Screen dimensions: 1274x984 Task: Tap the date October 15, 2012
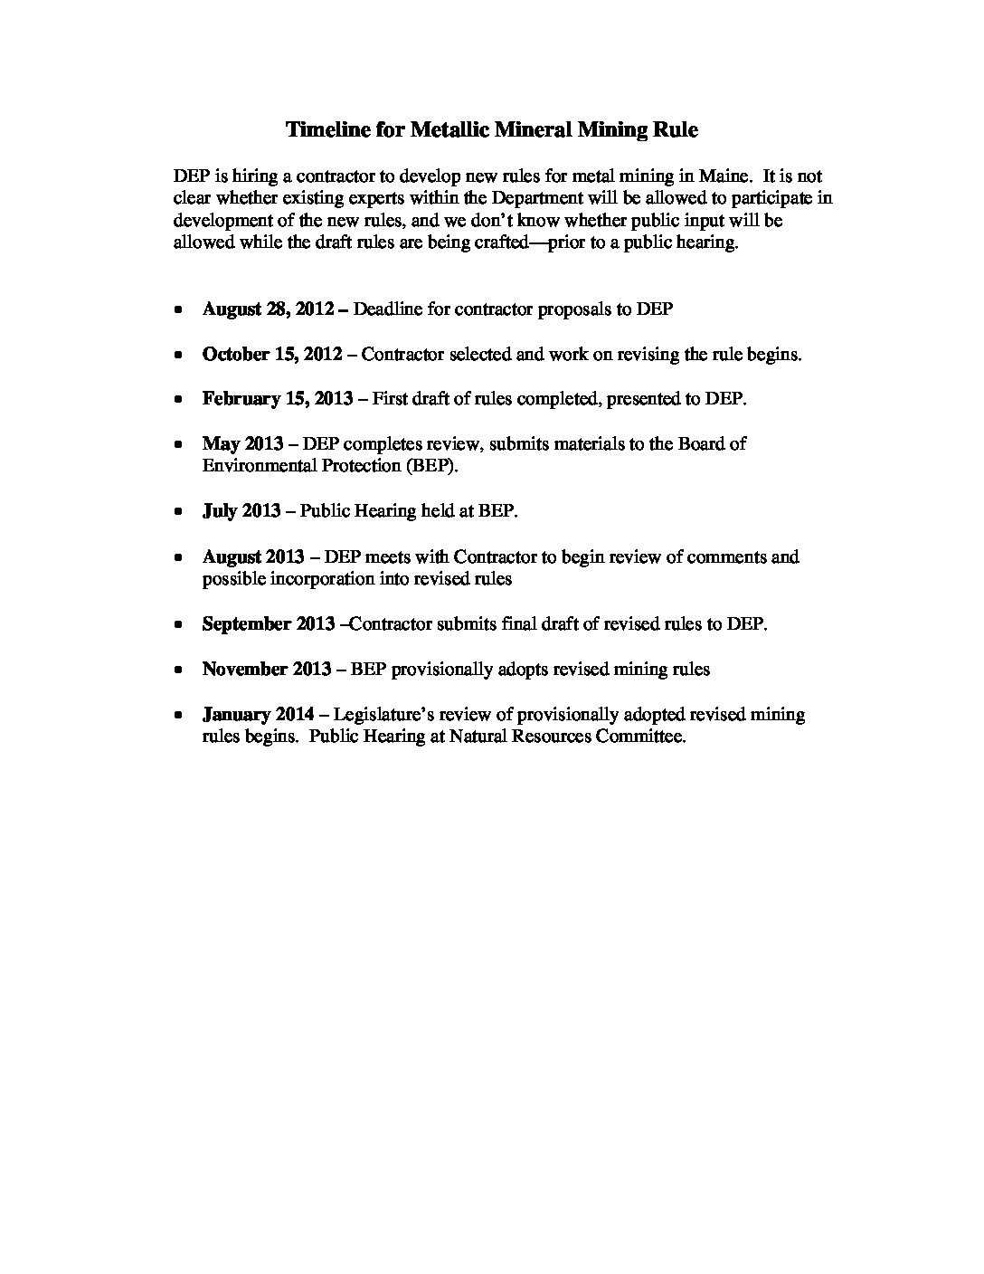click(272, 355)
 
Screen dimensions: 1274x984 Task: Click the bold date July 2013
click(241, 511)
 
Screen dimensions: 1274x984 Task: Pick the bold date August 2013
click(253, 556)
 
